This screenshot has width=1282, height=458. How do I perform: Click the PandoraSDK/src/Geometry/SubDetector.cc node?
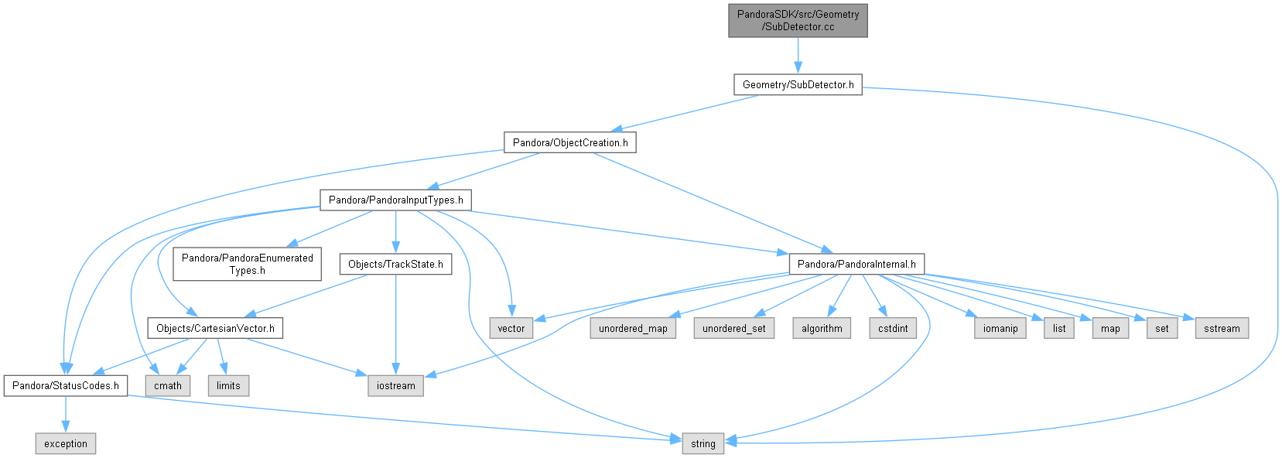coord(798,21)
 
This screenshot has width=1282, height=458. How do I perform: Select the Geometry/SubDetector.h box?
coord(798,85)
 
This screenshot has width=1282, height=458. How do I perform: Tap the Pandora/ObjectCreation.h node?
coord(570,142)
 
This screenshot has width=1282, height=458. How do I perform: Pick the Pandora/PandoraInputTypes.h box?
coord(395,200)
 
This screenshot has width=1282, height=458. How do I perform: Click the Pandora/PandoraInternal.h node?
coord(856,264)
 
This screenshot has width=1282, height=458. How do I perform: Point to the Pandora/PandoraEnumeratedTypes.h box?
coord(248,264)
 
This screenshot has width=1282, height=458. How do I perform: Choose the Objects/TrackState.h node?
coord(395,264)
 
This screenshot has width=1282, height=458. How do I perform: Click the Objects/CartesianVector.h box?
coord(215,328)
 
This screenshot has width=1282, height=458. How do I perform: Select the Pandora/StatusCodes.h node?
coord(65,386)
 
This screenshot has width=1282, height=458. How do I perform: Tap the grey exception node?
coord(65,444)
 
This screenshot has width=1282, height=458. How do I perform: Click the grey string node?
coord(703,444)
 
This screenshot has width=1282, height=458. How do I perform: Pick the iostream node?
coord(395,386)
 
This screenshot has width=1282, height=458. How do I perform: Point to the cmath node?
coord(168,386)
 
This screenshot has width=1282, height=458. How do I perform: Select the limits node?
coord(228,386)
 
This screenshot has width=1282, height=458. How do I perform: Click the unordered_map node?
coord(633,328)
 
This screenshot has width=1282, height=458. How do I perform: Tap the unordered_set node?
coord(733,328)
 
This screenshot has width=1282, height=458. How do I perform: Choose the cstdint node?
coord(893,328)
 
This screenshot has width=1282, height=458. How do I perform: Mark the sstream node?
coord(1222,328)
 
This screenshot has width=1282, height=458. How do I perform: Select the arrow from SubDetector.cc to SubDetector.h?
coord(798,56)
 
